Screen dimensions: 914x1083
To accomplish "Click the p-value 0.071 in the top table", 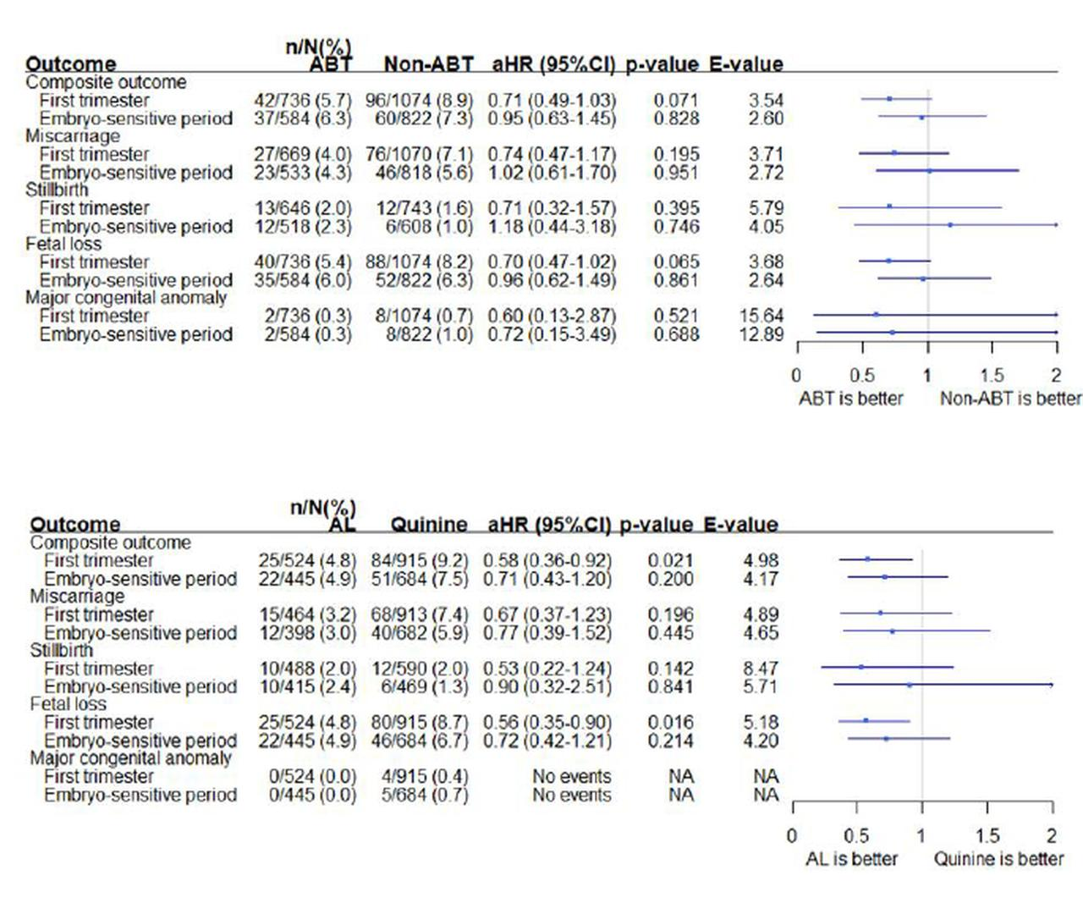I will click(x=676, y=101).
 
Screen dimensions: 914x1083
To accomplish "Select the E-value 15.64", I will click(x=761, y=316).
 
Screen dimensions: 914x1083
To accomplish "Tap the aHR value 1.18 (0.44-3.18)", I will click(x=552, y=227).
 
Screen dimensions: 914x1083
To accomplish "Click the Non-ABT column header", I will click(x=428, y=64).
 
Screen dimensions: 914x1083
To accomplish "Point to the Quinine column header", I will click(x=429, y=525).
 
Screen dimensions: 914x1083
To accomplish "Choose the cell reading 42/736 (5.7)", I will click(x=302, y=101).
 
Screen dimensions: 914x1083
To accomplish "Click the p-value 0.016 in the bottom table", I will click(x=670, y=723).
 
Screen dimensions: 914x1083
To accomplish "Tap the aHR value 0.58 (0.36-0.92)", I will click(x=547, y=561).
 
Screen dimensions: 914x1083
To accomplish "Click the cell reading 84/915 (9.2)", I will click(x=419, y=561).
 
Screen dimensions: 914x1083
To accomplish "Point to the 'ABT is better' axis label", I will click(x=850, y=399).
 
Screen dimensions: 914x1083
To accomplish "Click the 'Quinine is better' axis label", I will click(x=998, y=859).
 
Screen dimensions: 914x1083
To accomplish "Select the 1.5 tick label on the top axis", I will click(x=992, y=375).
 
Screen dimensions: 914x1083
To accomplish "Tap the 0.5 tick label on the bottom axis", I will click(x=856, y=836).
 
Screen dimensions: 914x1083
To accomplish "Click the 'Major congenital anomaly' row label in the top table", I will click(x=126, y=298).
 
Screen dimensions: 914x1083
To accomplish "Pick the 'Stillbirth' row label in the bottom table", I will click(x=61, y=650).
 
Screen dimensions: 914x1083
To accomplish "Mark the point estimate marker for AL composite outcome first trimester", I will click(x=867, y=559).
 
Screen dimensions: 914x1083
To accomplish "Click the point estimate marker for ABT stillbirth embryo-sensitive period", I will click(x=950, y=225).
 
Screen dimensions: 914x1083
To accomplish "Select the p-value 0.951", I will click(x=676, y=173).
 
